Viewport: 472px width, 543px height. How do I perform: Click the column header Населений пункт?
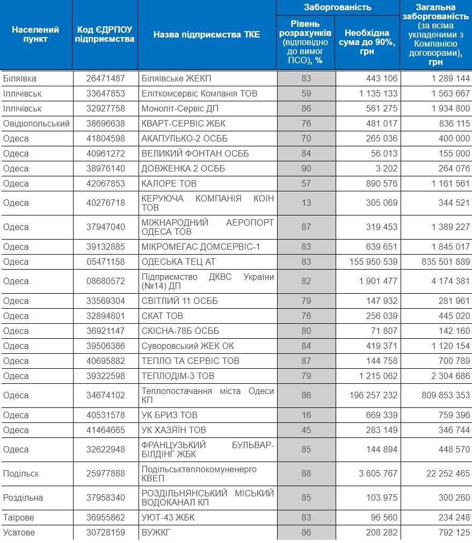click(35, 34)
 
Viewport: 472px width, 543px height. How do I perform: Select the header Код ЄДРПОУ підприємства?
click(105, 34)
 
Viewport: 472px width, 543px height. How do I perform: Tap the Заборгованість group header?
click(338, 8)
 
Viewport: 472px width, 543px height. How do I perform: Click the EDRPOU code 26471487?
click(105, 79)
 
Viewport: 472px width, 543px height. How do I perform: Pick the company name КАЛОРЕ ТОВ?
click(169, 183)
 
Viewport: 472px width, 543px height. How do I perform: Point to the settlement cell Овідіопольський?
click(37, 124)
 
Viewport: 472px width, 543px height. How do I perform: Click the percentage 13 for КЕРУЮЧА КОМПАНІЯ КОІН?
click(306, 203)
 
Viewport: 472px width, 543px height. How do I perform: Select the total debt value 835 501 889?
click(446, 262)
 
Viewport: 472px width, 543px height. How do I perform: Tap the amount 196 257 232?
click(374, 395)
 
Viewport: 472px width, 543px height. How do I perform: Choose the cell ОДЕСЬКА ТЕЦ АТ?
click(179, 262)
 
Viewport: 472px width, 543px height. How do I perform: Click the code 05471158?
click(105, 262)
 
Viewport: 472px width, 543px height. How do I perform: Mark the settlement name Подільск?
click(21, 473)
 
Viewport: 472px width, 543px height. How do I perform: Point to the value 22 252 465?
click(448, 473)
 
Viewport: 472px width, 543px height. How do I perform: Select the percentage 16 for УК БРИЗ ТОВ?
click(306, 415)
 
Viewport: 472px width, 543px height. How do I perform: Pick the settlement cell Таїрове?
click(19, 517)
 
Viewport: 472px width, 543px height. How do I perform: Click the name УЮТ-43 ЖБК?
click(168, 517)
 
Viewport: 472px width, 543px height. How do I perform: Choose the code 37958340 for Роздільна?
click(105, 497)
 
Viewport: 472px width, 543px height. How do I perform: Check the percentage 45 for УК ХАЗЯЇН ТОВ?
click(306, 430)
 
